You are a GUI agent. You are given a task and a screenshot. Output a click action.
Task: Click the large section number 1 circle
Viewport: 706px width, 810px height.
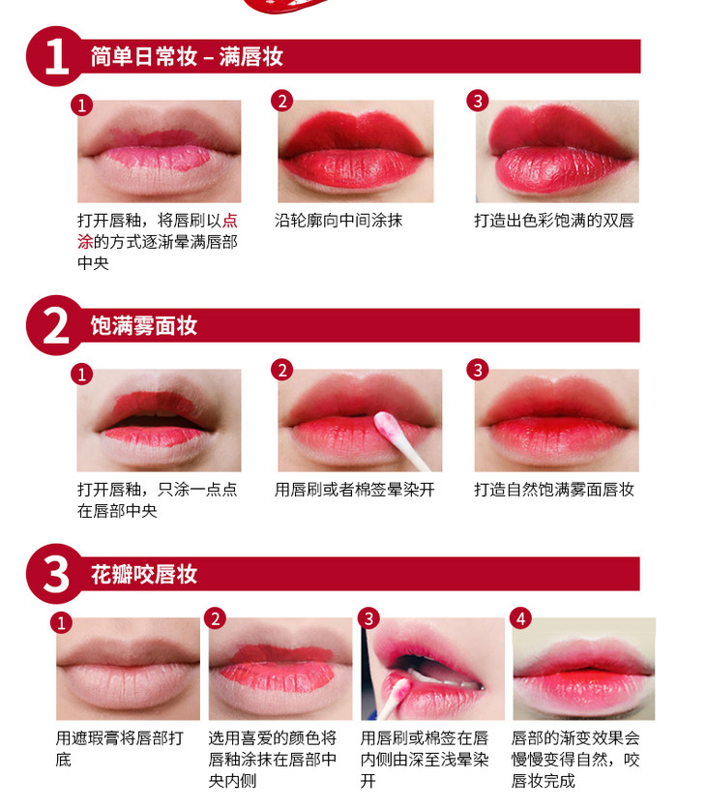pyautogui.click(x=56, y=56)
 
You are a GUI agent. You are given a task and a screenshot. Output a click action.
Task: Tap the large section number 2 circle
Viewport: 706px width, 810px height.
pyautogui.click(x=56, y=325)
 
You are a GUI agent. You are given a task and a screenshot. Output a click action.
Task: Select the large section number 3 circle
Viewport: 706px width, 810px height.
pyautogui.click(x=56, y=574)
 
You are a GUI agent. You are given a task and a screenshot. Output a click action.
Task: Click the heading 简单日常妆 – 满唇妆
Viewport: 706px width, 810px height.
pyautogui.click(x=187, y=56)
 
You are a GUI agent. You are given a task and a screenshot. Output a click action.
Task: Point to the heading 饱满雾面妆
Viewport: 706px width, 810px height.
pyautogui.click(x=144, y=325)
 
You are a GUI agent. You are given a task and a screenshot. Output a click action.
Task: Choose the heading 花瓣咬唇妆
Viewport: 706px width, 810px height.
pyautogui.click(x=144, y=574)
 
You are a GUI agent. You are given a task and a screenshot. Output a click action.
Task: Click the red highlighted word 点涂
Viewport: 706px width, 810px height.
pyautogui.click(x=158, y=231)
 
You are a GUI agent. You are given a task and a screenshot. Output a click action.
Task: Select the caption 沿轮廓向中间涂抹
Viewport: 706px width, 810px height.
pyautogui.click(x=338, y=221)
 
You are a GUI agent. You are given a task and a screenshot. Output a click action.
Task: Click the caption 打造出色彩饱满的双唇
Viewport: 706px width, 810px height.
pyautogui.click(x=554, y=221)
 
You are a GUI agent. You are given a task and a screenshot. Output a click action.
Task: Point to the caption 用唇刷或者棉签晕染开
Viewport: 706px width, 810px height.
pyautogui.click(x=355, y=490)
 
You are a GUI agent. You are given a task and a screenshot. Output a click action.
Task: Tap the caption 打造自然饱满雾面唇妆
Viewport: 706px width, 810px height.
pyautogui.click(x=554, y=490)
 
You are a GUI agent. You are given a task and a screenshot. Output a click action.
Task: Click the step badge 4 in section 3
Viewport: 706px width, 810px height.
pyautogui.click(x=520, y=618)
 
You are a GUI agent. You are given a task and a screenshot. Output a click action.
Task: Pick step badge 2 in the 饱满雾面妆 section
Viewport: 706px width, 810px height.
pyautogui.click(x=281, y=370)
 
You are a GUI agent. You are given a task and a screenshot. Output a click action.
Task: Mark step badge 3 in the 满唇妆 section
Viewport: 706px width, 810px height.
pyautogui.click(x=478, y=101)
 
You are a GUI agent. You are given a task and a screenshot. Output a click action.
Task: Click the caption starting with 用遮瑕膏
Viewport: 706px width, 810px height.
pyautogui.click(x=120, y=748)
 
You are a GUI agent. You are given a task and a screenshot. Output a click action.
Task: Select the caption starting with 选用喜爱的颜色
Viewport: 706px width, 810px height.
pyautogui.click(x=273, y=759)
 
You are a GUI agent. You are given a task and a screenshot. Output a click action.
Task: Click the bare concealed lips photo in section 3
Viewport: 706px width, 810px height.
pyautogui.click(x=128, y=669)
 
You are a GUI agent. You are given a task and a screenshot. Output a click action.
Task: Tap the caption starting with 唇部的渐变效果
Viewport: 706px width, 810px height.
pyautogui.click(x=575, y=759)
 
